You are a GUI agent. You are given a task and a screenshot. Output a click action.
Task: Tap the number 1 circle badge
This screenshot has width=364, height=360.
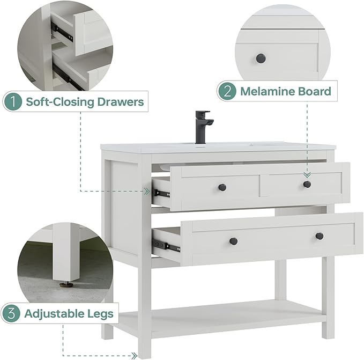(13, 102)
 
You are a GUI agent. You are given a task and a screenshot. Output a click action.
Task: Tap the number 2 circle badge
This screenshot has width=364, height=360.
(227, 91)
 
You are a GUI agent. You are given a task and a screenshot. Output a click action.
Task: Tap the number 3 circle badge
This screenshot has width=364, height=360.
(11, 313)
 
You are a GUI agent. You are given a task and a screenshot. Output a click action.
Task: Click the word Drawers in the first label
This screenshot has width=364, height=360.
(121, 102)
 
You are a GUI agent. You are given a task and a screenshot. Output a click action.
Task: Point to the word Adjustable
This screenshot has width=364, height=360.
(54, 314)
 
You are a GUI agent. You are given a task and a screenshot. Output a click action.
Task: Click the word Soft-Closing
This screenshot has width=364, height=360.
(60, 102)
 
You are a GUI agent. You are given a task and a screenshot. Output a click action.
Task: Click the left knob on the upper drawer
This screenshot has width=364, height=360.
(222, 187)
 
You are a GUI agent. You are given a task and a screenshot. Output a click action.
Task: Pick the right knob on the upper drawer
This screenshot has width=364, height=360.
(307, 184)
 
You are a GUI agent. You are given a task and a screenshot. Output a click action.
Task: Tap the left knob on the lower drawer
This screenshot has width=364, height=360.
(234, 240)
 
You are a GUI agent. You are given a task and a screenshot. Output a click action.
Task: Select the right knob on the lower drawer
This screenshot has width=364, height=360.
(320, 236)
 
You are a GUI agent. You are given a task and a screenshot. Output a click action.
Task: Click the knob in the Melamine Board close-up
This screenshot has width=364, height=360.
(261, 58)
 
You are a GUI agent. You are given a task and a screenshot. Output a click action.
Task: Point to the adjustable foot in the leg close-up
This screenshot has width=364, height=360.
(63, 283)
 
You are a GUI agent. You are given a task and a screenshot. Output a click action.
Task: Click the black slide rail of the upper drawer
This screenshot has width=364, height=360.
(161, 194)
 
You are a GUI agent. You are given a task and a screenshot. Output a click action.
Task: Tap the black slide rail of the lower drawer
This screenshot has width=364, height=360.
(166, 246)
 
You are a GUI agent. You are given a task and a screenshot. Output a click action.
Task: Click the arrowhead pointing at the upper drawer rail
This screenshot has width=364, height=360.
(147, 192)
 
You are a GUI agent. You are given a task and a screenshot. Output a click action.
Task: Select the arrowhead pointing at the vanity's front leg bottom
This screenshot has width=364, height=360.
(134, 355)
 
